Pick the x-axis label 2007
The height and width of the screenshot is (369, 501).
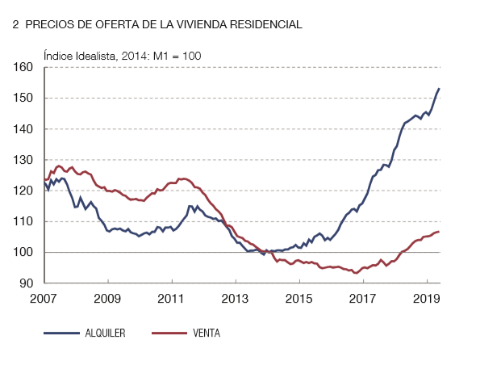[44, 298]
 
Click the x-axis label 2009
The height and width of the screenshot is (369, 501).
[108, 298]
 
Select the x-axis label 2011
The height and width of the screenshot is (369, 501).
[172, 298]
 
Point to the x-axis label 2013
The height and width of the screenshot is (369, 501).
[236, 298]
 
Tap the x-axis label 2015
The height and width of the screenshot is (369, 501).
[299, 298]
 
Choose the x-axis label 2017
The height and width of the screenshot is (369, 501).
[363, 298]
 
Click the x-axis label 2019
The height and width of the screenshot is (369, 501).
[427, 298]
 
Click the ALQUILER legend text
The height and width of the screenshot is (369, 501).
[105, 333]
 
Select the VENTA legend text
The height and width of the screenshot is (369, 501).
[206, 333]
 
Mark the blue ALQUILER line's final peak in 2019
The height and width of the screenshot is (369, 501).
[439, 88]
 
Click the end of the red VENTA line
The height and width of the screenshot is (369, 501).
[439, 232]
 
